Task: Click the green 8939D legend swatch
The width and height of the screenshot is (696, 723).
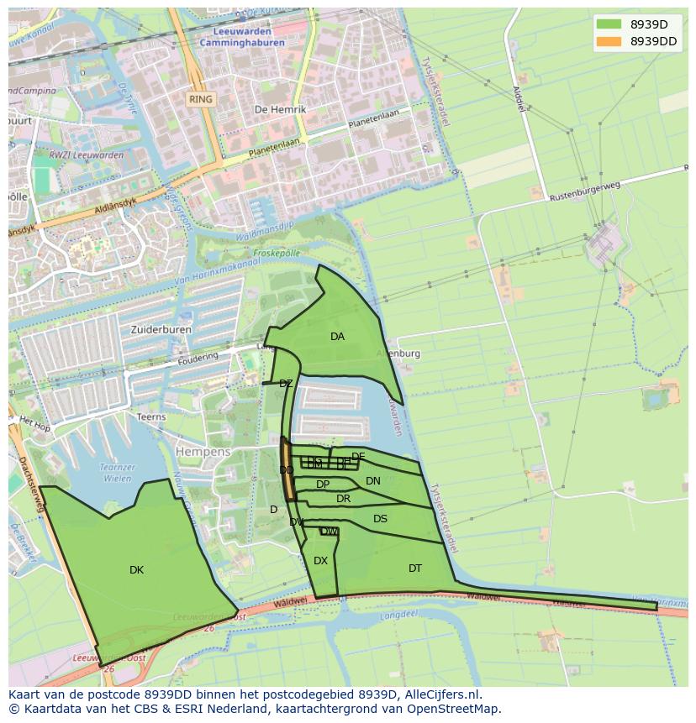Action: pyautogui.click(x=609, y=24)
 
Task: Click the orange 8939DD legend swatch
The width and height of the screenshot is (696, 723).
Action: pyautogui.click(x=609, y=41)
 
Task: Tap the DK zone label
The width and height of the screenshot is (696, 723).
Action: pyautogui.click(x=136, y=570)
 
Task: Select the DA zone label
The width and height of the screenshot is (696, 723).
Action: pyautogui.click(x=337, y=337)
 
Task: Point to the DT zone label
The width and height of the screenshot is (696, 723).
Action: pyautogui.click(x=415, y=568)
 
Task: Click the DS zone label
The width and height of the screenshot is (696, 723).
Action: pyautogui.click(x=380, y=519)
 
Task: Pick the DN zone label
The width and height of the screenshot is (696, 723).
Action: pyautogui.click(x=373, y=481)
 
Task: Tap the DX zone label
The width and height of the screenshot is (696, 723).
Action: pyautogui.click(x=320, y=561)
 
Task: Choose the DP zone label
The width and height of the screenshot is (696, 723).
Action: pyautogui.click(x=323, y=485)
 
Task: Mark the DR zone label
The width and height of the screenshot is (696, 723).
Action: pyautogui.click(x=343, y=499)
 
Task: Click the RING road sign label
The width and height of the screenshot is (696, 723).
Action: pyautogui.click(x=201, y=99)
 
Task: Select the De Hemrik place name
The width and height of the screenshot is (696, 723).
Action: pyautogui.click(x=280, y=109)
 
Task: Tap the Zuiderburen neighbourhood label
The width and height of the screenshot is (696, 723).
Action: pyautogui.click(x=161, y=330)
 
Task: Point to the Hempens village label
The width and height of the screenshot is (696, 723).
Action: pyautogui.click(x=203, y=452)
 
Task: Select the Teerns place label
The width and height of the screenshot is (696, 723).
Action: pyautogui.click(x=151, y=417)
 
